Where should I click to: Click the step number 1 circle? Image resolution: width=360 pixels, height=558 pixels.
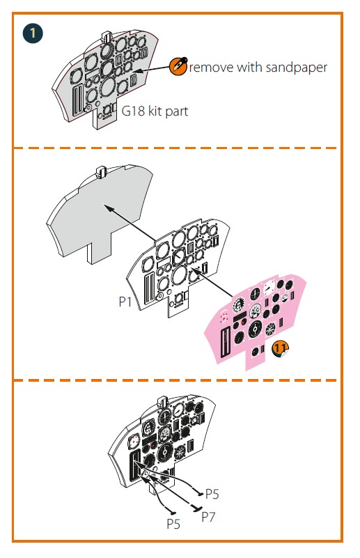(33, 34)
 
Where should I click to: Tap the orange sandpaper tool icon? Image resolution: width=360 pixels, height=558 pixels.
(178, 66)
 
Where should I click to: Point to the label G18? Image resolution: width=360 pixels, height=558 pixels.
(133, 111)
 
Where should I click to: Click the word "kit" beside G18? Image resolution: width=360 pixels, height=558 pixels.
(155, 111)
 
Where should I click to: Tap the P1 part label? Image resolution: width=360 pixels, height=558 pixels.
(125, 302)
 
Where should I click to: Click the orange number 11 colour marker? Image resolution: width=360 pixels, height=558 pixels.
(281, 348)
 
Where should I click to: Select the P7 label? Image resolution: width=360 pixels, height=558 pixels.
(208, 517)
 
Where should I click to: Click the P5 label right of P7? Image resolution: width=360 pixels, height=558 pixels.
(212, 494)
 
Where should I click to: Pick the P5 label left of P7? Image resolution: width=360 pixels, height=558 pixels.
(173, 524)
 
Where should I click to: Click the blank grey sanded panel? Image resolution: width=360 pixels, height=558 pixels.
(100, 210)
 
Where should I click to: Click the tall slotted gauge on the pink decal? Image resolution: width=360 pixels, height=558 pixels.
(225, 343)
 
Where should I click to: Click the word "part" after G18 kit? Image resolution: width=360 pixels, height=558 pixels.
(176, 111)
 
